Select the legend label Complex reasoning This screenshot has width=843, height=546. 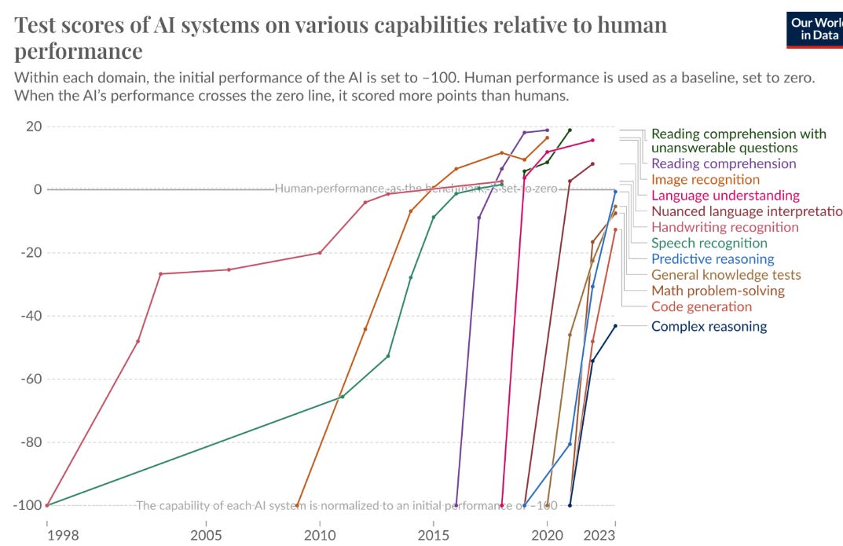tap(709, 327)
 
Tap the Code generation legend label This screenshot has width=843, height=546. tap(702, 306)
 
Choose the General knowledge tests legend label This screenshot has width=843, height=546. tap(726, 275)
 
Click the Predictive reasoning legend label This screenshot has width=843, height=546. tap(713, 259)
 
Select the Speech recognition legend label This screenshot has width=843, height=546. tap(709, 244)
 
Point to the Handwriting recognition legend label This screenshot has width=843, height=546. tap(724, 227)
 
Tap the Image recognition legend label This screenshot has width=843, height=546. tap(706, 180)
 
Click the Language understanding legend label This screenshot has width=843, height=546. tap(725, 196)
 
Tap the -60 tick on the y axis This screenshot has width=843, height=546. tap(29, 379)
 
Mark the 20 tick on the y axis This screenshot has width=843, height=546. tap(32, 126)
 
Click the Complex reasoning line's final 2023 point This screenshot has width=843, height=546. tap(615, 326)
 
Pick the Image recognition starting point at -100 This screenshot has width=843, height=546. tap(297, 505)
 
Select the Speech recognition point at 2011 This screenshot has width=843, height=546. tap(342, 397)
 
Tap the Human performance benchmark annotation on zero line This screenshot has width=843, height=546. tap(416, 189)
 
